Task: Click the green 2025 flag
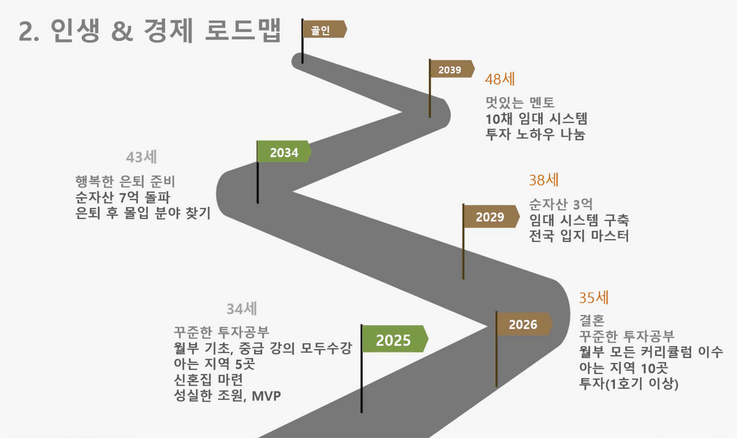[x=393, y=340]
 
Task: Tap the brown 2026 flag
[x=523, y=324]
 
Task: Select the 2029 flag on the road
[x=490, y=217]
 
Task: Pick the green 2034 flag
[x=284, y=152]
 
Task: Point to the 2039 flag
[x=450, y=69]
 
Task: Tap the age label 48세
[x=500, y=79]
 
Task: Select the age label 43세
[x=141, y=157]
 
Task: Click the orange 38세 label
[x=543, y=180]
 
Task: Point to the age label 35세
[x=593, y=297]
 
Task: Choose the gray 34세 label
[x=241, y=309]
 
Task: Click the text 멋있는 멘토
[x=520, y=102]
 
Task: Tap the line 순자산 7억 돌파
[x=123, y=197]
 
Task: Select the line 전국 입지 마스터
[x=579, y=236]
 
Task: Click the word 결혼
[x=592, y=320]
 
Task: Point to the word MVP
[x=266, y=396]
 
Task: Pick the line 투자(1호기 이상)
[x=628, y=383]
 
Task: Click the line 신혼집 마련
[x=208, y=380]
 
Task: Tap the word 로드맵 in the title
[x=243, y=30]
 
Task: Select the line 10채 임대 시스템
[x=536, y=118]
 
